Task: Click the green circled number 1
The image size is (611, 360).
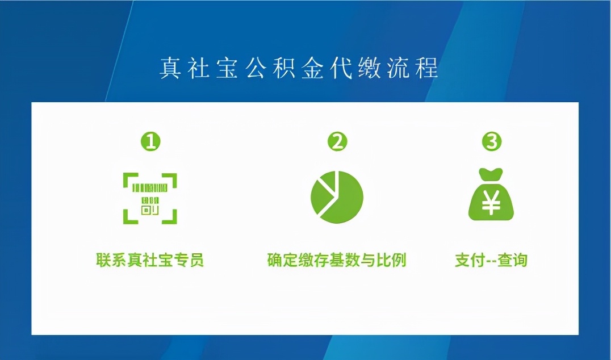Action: (x=150, y=142)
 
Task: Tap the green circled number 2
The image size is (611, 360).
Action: (x=337, y=142)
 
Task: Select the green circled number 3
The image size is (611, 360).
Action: (x=492, y=142)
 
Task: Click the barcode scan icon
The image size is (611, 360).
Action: (x=150, y=198)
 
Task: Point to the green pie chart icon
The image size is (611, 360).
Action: (x=337, y=196)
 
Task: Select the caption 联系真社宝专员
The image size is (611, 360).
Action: (x=150, y=260)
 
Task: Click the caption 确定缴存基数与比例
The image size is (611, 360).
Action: (x=337, y=260)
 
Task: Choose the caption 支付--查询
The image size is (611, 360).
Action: (x=491, y=260)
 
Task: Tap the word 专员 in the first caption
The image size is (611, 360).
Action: (x=190, y=260)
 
